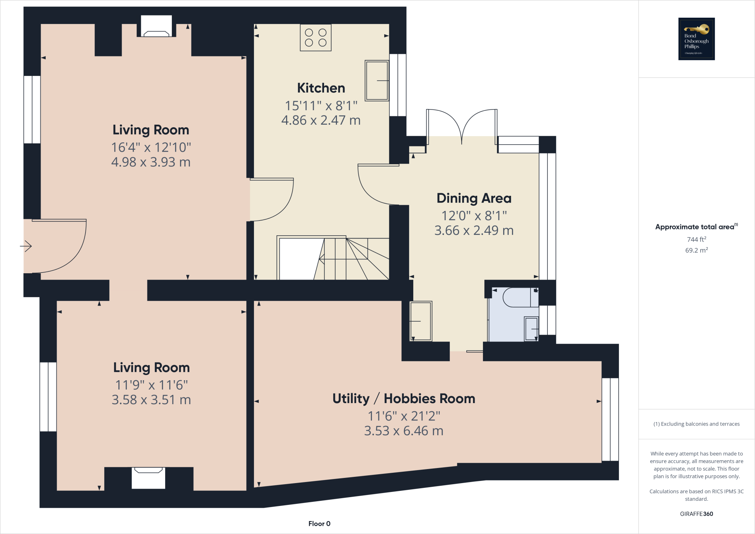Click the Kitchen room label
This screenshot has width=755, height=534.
coord(321,88)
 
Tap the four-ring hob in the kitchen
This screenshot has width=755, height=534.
coord(316,38)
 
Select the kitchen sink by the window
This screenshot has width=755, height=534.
coord(377,80)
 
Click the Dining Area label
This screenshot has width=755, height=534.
coord(474,198)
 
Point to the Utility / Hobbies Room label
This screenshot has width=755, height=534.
coord(404,399)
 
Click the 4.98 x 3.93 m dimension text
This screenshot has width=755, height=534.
coord(151,162)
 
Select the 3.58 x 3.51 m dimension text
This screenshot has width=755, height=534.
coord(151,400)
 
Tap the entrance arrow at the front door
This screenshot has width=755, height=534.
coord(26,246)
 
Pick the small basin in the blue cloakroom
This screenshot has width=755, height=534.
coord(531,329)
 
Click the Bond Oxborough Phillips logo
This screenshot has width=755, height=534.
coord(696,39)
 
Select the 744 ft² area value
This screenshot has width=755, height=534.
coord(696,239)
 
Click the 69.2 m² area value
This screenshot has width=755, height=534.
coord(696,250)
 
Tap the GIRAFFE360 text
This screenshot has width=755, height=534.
coord(696,514)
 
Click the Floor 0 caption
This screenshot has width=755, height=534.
coord(319,524)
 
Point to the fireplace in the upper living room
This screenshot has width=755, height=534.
coord(156,27)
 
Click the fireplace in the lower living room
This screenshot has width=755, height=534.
coord(148,478)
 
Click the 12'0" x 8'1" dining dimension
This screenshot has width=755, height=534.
coord(474,215)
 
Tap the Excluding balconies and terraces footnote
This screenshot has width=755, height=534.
coord(696,424)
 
